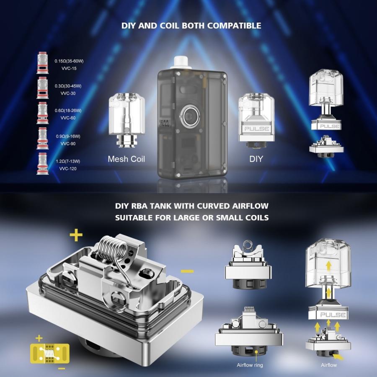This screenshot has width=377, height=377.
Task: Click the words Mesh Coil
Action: (126, 159)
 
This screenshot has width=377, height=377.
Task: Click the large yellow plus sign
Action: (76, 235)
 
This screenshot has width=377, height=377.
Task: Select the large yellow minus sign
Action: (187, 271)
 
